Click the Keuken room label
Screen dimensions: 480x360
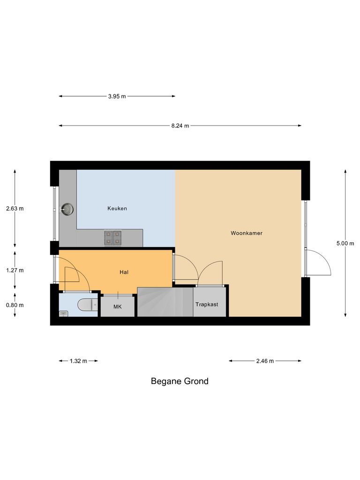click(x=117, y=209)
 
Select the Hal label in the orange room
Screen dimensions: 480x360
click(x=124, y=272)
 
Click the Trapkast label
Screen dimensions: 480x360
click(x=207, y=304)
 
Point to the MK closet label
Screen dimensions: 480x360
click(x=117, y=307)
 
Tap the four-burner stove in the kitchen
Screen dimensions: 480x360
click(x=113, y=238)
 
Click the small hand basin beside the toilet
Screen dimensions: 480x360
click(x=62, y=314)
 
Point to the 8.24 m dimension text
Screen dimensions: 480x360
click(x=180, y=126)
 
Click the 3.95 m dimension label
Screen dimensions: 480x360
click(x=117, y=97)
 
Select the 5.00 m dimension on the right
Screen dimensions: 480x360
click(x=345, y=243)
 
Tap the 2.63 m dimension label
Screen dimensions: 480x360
click(x=15, y=209)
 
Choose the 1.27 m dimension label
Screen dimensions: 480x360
click(x=15, y=270)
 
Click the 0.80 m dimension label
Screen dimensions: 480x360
click(x=15, y=305)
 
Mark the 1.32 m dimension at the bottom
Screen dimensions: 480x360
click(x=78, y=361)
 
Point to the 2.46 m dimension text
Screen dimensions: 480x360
click(x=265, y=361)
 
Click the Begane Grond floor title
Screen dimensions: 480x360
click(x=180, y=381)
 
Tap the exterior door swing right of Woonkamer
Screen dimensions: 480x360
click(x=319, y=262)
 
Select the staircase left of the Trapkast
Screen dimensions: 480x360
click(x=164, y=302)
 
